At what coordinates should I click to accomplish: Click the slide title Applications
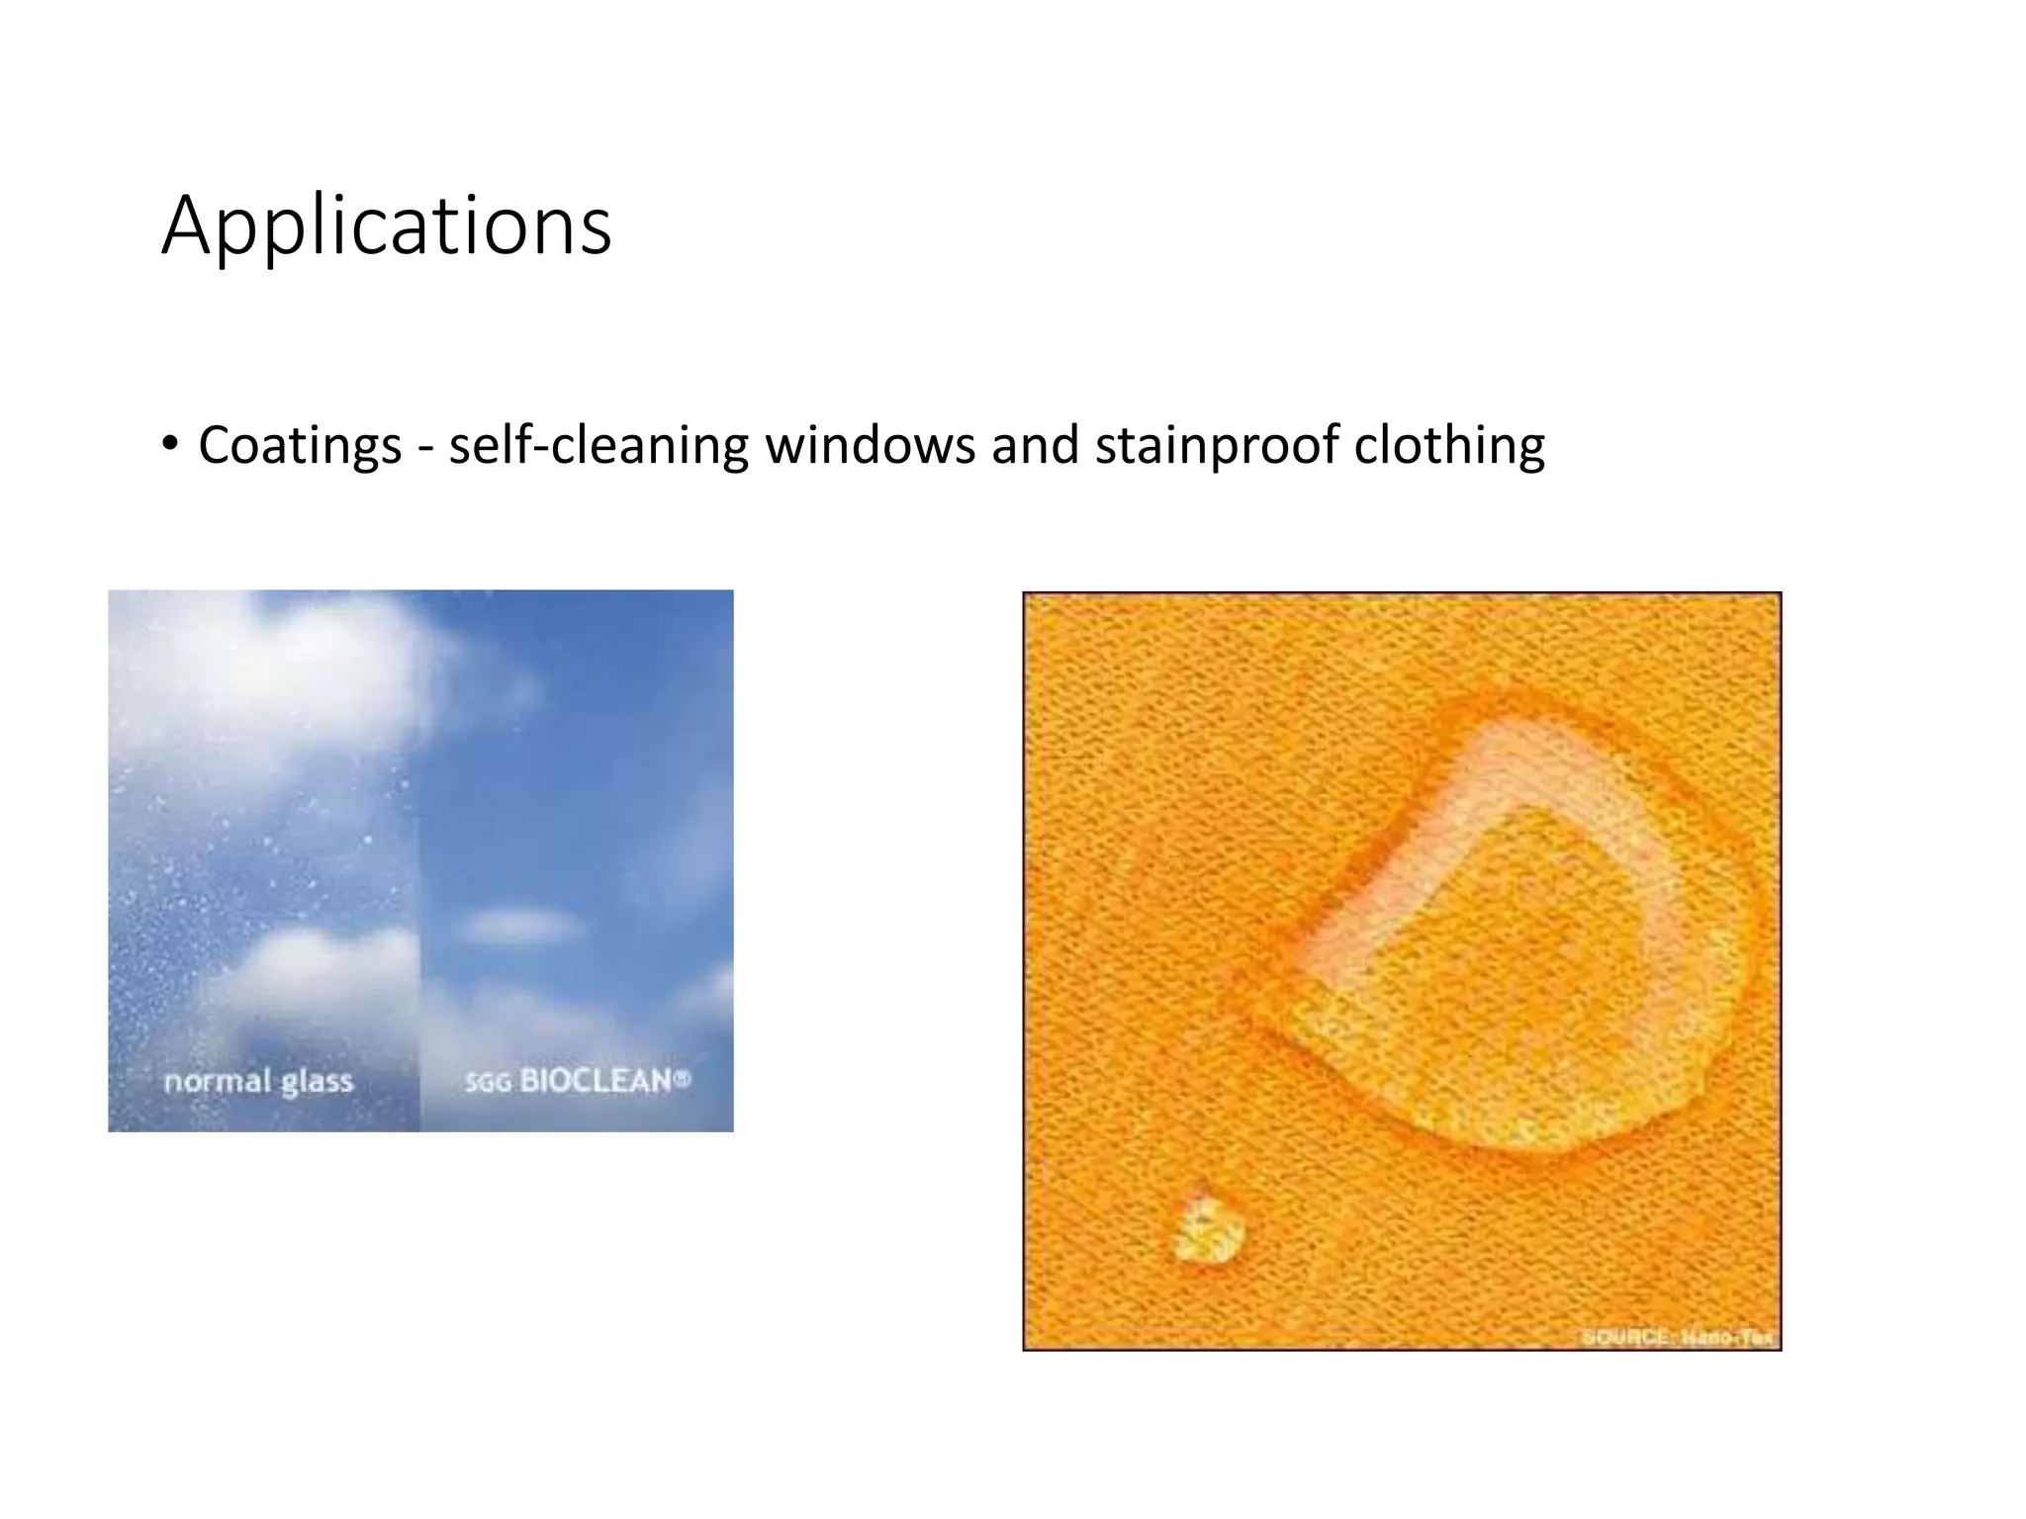pos(386,227)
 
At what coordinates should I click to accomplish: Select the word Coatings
pos(300,445)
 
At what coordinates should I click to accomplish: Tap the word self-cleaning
pos(598,445)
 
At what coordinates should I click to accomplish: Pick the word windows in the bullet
pos(870,445)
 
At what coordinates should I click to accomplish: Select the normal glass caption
pos(258,1081)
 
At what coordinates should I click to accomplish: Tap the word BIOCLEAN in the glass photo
pos(596,1080)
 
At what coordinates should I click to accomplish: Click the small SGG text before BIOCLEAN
pos(488,1083)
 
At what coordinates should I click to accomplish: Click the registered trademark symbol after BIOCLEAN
pos(682,1078)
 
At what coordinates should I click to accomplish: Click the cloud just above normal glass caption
pos(317,974)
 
